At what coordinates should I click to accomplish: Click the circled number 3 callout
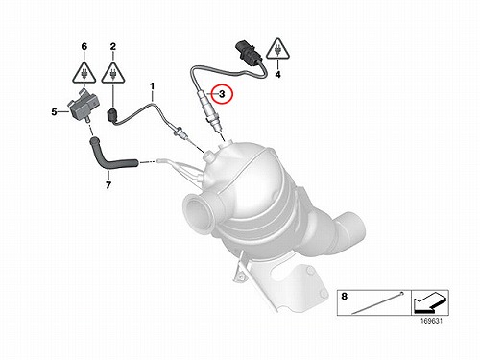(x=223, y=94)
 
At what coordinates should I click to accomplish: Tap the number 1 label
(x=152, y=86)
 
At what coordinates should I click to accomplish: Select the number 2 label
(x=113, y=47)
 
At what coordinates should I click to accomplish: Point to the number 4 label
(x=277, y=75)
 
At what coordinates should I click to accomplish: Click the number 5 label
(x=54, y=112)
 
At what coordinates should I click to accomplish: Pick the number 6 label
(x=84, y=47)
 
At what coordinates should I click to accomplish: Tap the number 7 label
(x=108, y=185)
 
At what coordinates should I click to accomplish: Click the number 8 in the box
(x=344, y=297)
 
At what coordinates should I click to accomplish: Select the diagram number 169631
(x=432, y=321)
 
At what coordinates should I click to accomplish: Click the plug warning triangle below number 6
(x=84, y=74)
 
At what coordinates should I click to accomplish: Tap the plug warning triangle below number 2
(x=113, y=74)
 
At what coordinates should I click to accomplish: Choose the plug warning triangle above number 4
(x=277, y=50)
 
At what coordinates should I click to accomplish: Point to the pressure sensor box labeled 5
(x=83, y=106)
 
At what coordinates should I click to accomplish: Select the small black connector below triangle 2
(x=112, y=116)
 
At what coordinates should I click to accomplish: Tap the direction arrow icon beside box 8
(x=430, y=302)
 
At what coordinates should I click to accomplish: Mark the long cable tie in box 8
(x=377, y=302)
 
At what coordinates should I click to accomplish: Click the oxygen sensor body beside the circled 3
(x=208, y=111)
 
